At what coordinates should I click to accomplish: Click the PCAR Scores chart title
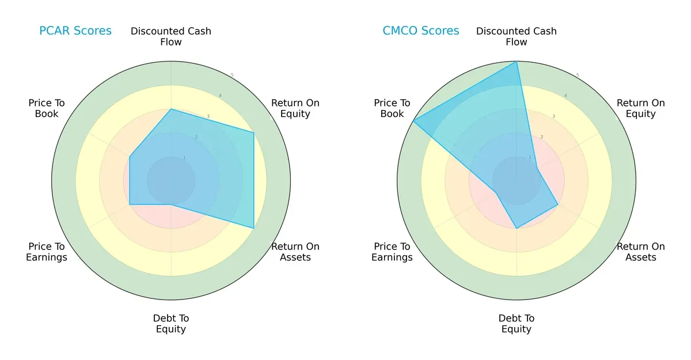pos(75,31)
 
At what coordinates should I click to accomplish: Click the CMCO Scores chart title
pos(421,31)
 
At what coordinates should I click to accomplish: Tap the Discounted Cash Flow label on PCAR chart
pos(171,36)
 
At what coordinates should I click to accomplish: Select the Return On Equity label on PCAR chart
pos(295,108)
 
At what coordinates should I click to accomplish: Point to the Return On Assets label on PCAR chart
pos(295,252)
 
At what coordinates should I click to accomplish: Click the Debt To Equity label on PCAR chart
pos(171,324)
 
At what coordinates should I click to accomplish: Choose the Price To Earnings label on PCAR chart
pos(47,252)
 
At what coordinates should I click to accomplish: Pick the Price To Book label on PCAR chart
pos(47,108)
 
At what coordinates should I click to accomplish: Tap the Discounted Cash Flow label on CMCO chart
pos(517,36)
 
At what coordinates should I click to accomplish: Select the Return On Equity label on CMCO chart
pos(640,108)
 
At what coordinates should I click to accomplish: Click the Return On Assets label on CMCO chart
pos(640,252)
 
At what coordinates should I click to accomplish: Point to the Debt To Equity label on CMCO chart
pos(517,324)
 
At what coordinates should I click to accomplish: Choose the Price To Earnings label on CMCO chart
pos(392,252)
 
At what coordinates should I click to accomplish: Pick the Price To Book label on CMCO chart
pos(392,108)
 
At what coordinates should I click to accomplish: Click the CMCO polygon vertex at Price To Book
pos(413,121)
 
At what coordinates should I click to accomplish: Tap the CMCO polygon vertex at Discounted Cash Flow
pos(517,62)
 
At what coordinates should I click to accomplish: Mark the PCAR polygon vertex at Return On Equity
pos(254,132)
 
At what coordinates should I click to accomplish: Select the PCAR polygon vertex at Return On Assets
pos(254,228)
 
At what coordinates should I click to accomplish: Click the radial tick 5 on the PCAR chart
pos(232,75)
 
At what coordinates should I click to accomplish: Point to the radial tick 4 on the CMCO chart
pos(565,96)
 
